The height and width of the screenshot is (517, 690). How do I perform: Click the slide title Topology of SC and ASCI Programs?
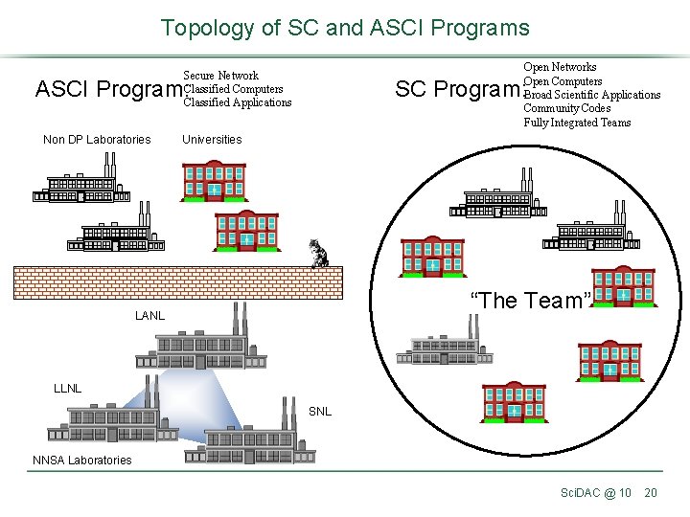[345, 28]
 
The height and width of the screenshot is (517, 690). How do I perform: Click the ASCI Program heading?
[107, 89]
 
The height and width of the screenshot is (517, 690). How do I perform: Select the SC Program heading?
[457, 89]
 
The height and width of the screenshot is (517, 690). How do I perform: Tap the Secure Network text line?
[220, 76]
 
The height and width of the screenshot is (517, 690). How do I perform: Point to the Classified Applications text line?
[238, 102]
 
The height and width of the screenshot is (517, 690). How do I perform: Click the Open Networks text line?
[560, 67]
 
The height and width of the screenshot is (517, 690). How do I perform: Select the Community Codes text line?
[566, 108]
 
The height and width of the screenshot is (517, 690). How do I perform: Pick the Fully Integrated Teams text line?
[577, 123]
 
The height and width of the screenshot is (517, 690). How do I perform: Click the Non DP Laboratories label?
[97, 140]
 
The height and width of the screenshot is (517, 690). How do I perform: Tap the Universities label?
[212, 140]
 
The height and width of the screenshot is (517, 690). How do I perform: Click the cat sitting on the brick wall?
[318, 254]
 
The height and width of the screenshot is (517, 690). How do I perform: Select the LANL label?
[149, 316]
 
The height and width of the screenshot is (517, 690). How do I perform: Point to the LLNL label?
[67, 389]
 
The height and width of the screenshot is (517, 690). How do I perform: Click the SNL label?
[320, 412]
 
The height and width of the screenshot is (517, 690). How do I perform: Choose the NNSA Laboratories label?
[82, 461]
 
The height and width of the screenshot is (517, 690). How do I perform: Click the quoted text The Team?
[529, 301]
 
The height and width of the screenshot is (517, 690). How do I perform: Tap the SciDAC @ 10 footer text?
[595, 492]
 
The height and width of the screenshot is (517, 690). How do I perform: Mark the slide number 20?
[651, 492]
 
